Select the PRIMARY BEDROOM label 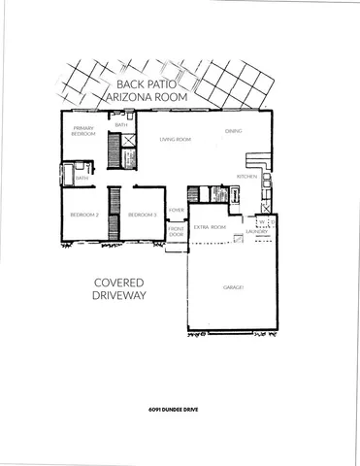click(x=84, y=130)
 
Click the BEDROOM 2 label click(x=83, y=215)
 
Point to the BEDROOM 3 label click(x=143, y=215)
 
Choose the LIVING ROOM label click(x=175, y=140)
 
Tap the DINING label click(x=233, y=130)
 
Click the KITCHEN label click(x=246, y=177)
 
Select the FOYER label click(x=176, y=210)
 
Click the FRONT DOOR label click(x=176, y=232)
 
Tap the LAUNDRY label click(x=257, y=231)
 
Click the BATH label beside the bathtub click(x=82, y=178)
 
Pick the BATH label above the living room click(x=121, y=125)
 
